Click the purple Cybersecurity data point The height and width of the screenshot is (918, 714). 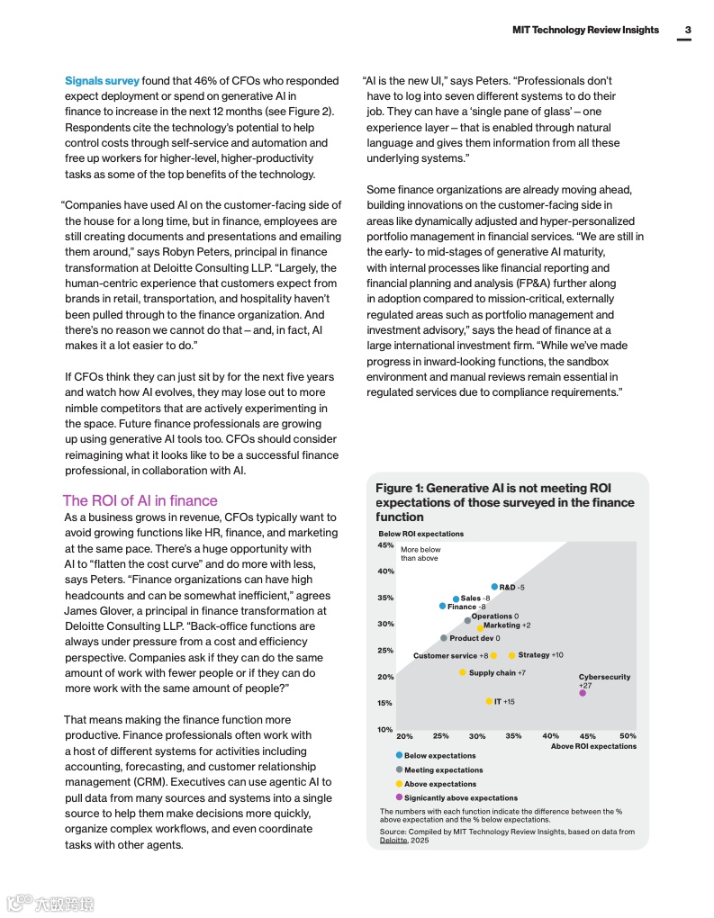tap(583, 692)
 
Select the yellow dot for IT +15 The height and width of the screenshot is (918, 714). tap(489, 701)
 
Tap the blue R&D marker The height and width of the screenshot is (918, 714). tap(494, 587)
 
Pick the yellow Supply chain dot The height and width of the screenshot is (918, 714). tap(463, 672)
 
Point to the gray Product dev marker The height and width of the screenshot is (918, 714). tap(444, 638)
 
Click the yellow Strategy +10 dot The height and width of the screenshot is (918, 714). tap(511, 655)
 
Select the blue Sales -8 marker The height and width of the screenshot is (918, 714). tap(456, 598)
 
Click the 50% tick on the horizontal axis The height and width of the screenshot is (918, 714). tap(628, 736)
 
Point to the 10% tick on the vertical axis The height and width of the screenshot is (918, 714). tap(385, 729)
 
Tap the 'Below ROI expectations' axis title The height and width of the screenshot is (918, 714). tap(420, 534)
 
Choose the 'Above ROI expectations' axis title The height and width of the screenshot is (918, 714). tap(592, 746)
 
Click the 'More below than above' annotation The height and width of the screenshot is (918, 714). tap(420, 553)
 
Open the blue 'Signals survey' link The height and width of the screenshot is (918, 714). tap(102, 81)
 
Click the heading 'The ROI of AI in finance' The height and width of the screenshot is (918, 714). tap(140, 500)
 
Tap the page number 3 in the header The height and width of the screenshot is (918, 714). tap(687, 30)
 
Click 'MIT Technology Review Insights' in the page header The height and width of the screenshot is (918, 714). tap(585, 30)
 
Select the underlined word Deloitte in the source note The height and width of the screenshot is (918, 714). tap(393, 840)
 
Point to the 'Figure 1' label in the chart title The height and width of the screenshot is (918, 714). tap(400, 488)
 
